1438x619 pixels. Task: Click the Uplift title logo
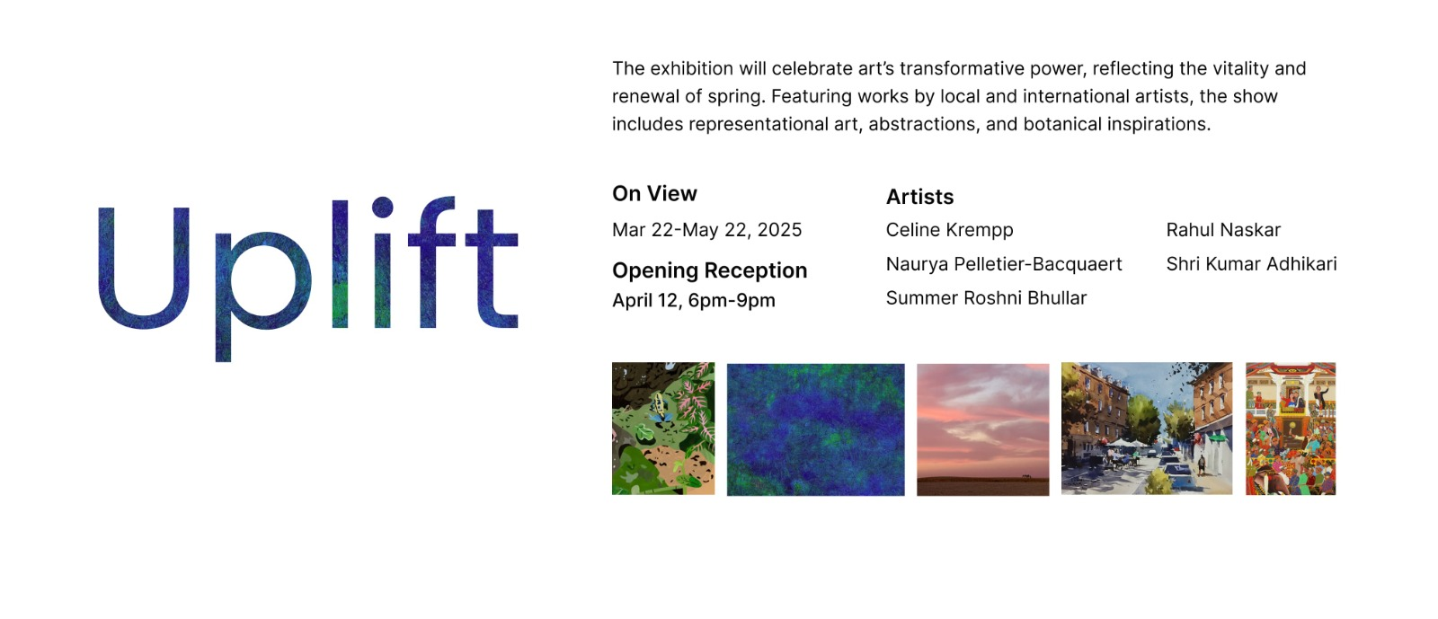[308, 279]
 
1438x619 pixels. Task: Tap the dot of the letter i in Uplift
[382, 208]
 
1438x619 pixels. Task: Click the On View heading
[654, 194]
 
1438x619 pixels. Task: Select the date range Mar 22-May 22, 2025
[706, 230]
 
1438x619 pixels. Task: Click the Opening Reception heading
[709, 270]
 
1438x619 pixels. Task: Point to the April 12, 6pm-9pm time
[693, 300]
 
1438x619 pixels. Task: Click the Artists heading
[919, 197]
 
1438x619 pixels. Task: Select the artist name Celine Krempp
[949, 230]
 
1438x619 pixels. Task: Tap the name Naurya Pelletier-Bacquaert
[1004, 264]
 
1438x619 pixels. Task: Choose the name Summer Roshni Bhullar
[986, 298]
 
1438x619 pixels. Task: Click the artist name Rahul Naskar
[1223, 230]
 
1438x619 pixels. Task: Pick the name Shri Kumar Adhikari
[1251, 263]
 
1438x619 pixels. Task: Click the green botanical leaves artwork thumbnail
[663, 429]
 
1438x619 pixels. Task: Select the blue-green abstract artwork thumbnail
[815, 429]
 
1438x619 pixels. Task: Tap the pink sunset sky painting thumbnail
[983, 429]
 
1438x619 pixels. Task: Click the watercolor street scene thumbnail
[1147, 429]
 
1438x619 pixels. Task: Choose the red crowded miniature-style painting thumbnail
[1291, 429]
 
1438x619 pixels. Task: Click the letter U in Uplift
[144, 268]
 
